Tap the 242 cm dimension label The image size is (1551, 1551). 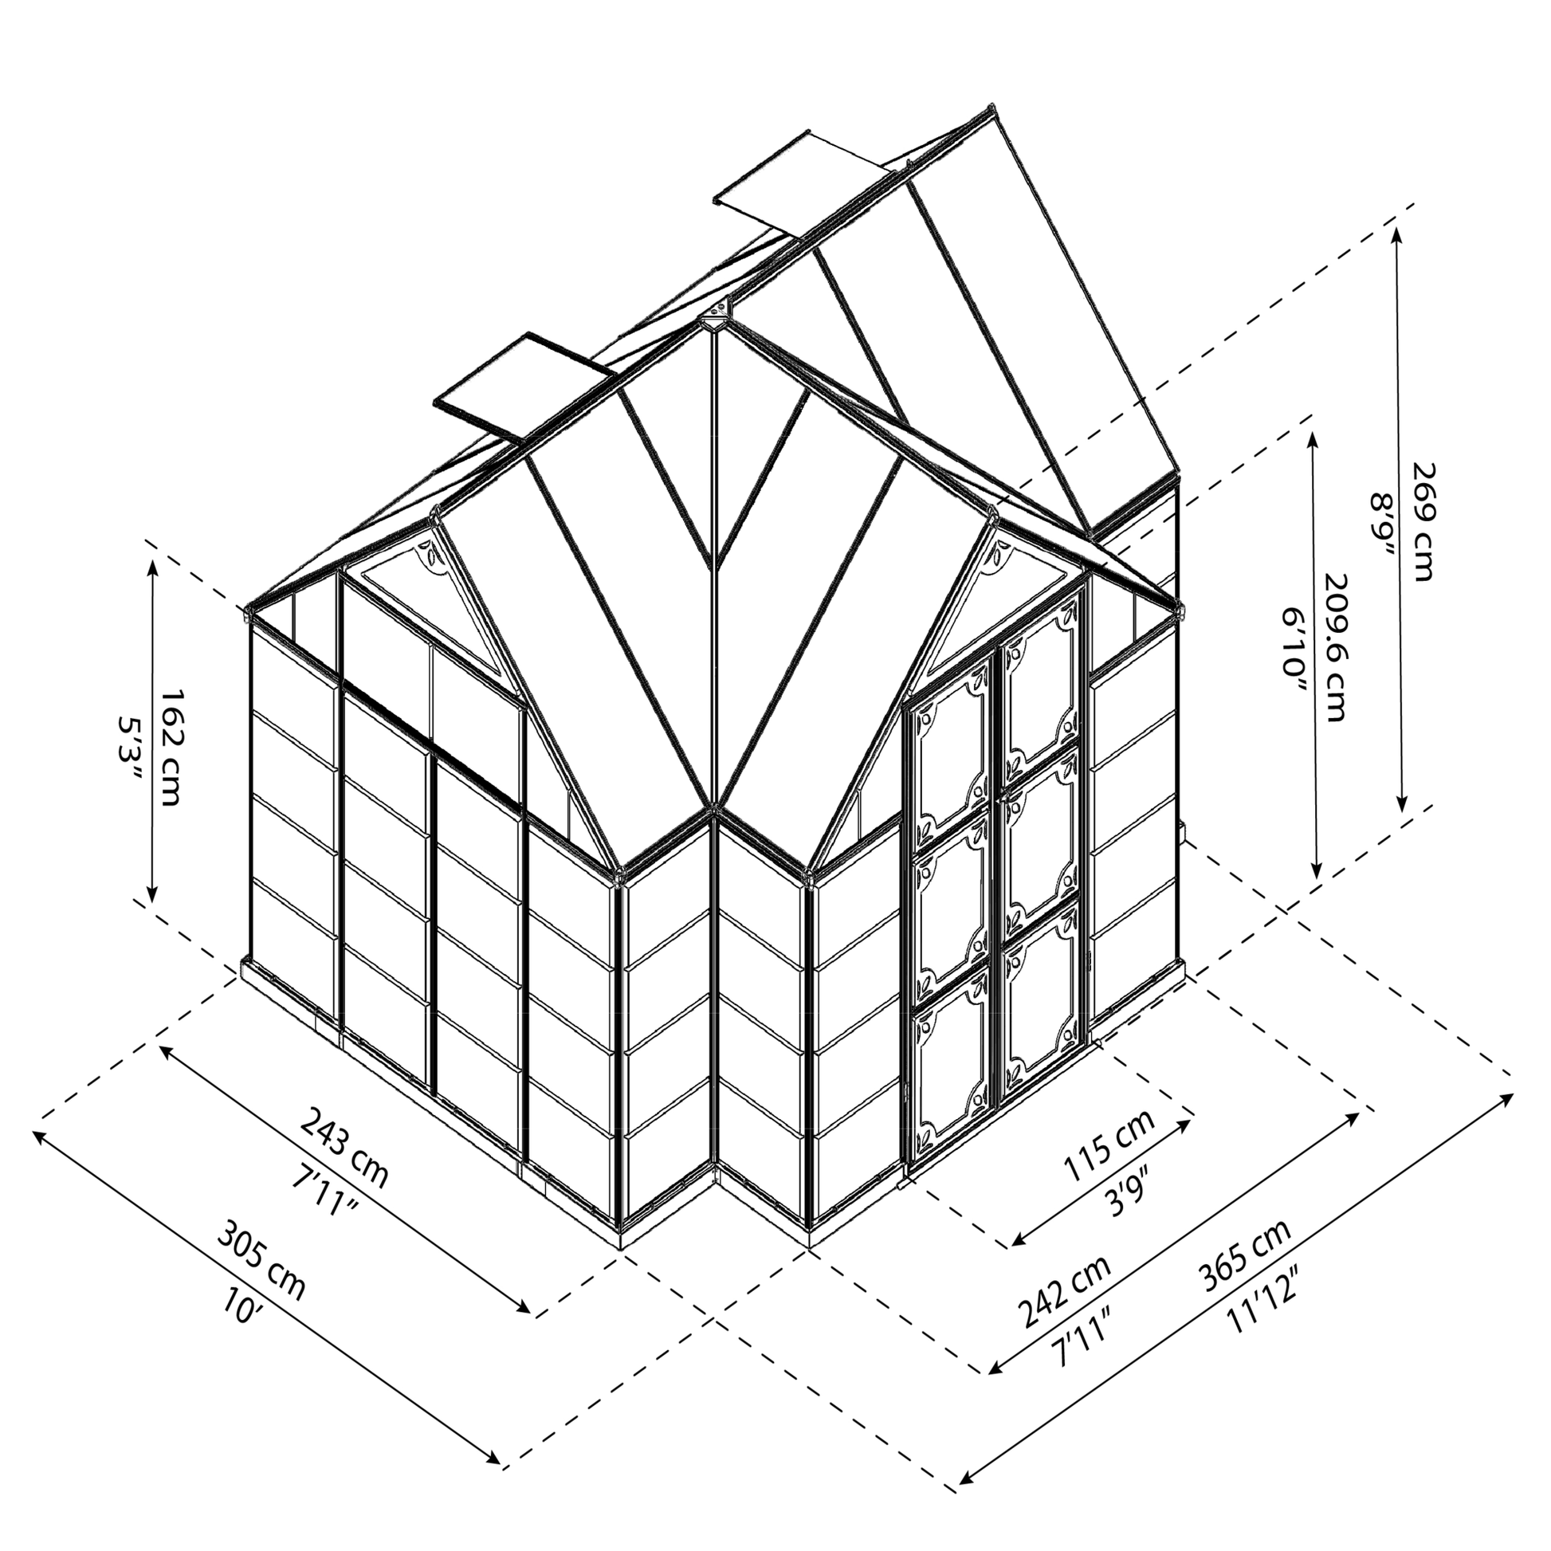click(1065, 1290)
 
